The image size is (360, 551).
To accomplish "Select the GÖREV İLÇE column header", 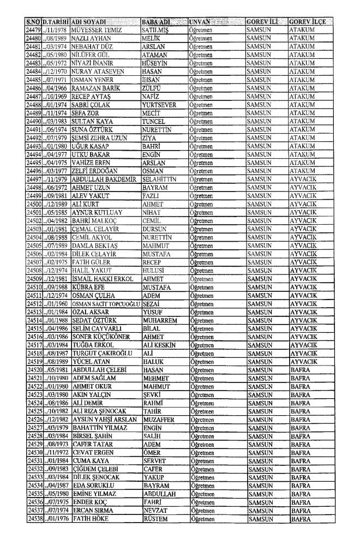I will (308, 21).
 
